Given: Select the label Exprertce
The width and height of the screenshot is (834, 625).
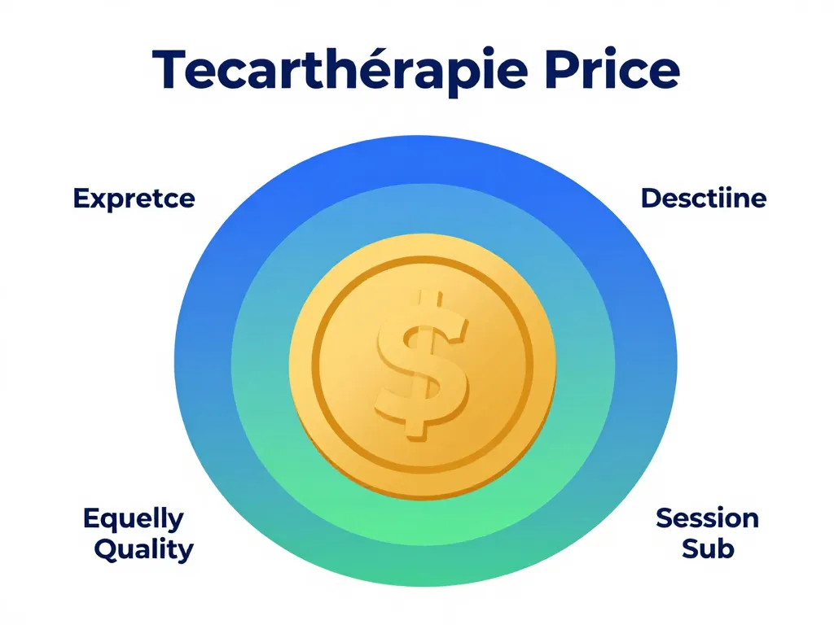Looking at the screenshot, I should (134, 199).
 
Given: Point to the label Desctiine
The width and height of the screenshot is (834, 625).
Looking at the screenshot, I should (704, 198).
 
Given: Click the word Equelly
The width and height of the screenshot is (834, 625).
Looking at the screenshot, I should (134, 518).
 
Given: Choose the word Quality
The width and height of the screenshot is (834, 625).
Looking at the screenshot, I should (143, 549).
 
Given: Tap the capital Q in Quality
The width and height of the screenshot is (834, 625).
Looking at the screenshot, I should (106, 549).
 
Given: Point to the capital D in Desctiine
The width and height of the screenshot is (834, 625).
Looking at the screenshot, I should (651, 198).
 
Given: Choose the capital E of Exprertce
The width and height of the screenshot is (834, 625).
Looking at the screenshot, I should (80, 199).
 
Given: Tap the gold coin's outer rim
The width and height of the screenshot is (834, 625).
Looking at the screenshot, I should (301, 362).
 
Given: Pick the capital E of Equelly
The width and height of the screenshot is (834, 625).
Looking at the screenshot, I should (91, 518).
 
